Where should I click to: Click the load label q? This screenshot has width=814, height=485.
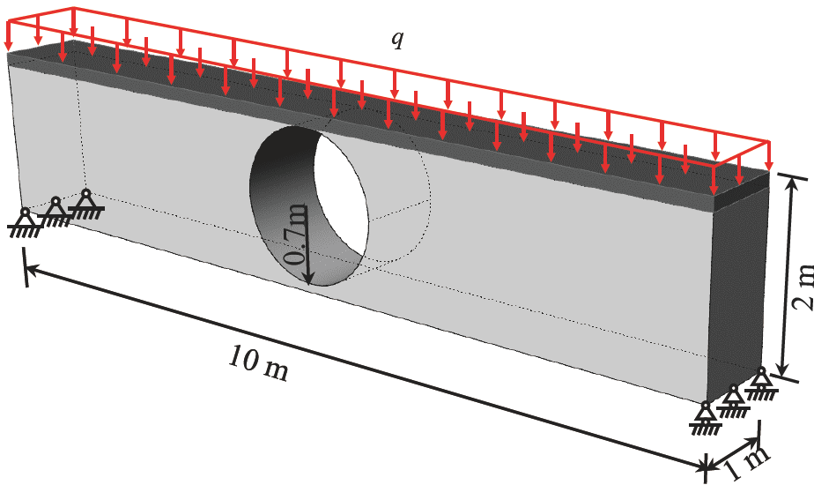click(x=397, y=40)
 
